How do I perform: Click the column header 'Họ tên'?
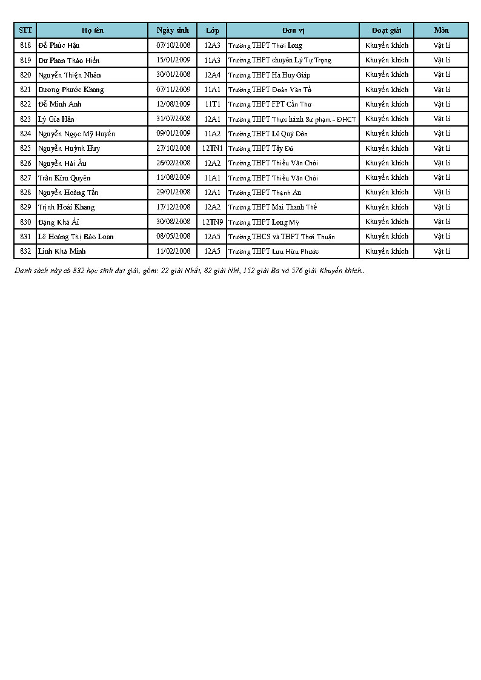tap(93, 30)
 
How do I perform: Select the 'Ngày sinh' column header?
tap(173, 30)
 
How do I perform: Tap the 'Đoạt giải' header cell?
tap(386, 30)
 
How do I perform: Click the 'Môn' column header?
tap(441, 30)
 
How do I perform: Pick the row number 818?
tap(25, 45)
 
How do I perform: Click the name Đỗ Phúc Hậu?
tap(59, 45)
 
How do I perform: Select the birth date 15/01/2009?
tap(173, 60)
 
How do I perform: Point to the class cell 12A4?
tap(212, 74)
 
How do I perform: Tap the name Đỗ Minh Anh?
tap(59, 104)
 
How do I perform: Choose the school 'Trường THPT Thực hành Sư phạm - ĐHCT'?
tap(292, 119)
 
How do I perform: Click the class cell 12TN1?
tap(212, 148)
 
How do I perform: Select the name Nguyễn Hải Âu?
tap(62, 163)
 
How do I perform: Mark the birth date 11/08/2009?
tap(173, 177)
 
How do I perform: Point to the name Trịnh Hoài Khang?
tap(67, 207)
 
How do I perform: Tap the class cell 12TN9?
tap(212, 222)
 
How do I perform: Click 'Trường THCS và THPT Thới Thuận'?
tap(281, 237)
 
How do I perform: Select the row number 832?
tap(25, 251)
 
